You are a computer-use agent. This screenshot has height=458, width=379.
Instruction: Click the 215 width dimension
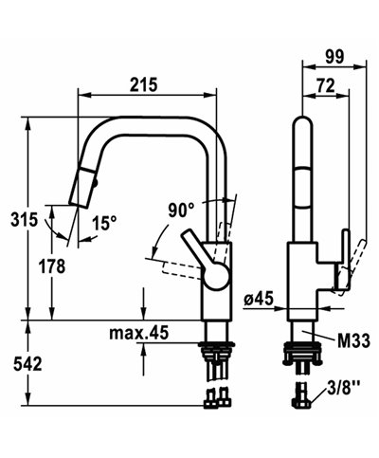pyautogui.click(x=144, y=84)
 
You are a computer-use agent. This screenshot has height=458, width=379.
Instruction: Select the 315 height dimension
pyautogui.click(x=17, y=219)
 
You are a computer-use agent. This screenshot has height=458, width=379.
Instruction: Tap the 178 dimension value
pyautogui.click(x=54, y=266)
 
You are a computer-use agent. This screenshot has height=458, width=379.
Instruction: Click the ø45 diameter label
pyautogui.click(x=257, y=300)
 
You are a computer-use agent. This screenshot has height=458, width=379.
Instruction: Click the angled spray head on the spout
pyautogui.click(x=84, y=188)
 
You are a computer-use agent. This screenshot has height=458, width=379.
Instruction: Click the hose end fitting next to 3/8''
pyautogui.click(x=303, y=397)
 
